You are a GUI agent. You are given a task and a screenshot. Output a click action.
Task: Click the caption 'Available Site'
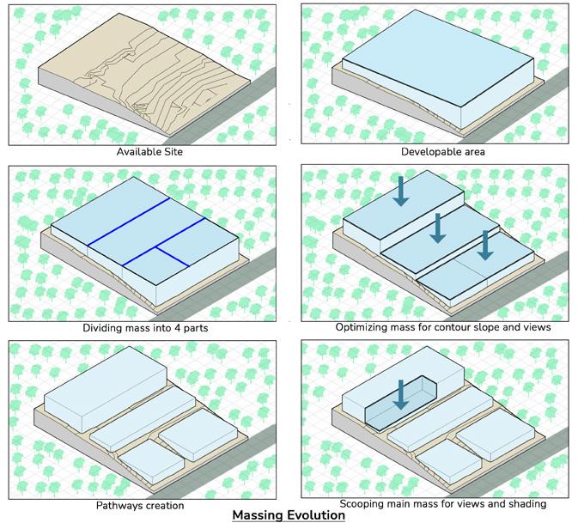(149, 151)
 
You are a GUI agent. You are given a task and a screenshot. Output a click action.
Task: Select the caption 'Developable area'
(442, 151)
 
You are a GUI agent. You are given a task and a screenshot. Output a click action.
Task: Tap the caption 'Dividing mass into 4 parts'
(145, 328)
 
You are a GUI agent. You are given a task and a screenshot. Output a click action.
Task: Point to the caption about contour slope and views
(443, 327)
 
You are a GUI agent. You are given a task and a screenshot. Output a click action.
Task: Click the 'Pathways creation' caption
(140, 505)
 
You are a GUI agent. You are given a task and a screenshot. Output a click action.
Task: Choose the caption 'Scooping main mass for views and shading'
(442, 503)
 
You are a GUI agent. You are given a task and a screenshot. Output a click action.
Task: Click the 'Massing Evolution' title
(289, 515)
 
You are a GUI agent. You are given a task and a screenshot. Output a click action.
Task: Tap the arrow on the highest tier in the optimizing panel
(401, 192)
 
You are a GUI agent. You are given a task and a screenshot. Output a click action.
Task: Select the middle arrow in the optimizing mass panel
(437, 228)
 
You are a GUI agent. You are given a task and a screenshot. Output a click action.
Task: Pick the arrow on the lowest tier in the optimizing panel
(485, 246)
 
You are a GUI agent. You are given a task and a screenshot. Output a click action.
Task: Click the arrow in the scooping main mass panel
(401, 395)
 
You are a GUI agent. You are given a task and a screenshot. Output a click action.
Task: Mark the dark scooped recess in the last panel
(401, 404)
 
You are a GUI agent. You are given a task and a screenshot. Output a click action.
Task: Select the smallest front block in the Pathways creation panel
(151, 461)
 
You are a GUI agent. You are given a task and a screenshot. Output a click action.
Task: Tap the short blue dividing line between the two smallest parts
(172, 257)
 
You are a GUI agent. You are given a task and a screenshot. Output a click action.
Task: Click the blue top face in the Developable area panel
(438, 58)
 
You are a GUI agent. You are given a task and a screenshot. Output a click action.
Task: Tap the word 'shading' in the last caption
(527, 504)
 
